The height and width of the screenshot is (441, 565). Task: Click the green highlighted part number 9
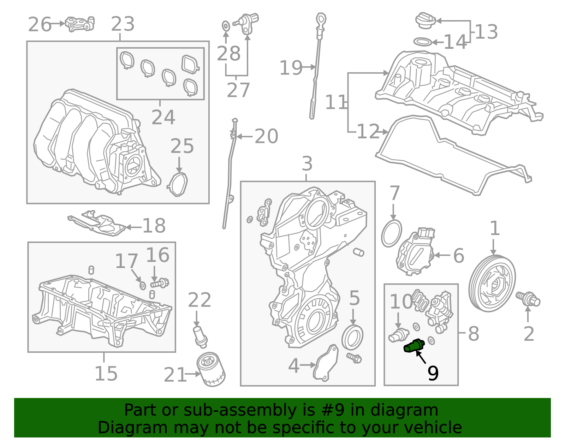tap(414, 346)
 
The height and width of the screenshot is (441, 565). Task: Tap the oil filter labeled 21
tap(211, 370)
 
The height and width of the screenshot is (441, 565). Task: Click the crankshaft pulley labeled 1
tap(492, 284)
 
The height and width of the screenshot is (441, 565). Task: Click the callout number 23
tap(123, 24)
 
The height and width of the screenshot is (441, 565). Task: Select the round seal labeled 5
tap(352, 338)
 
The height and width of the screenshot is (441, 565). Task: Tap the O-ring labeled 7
tap(392, 233)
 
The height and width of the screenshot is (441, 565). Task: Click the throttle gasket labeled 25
tap(178, 184)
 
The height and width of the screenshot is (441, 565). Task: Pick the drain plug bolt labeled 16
tap(160, 283)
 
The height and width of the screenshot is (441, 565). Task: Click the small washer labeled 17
tap(142, 286)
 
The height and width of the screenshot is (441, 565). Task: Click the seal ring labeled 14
tap(422, 42)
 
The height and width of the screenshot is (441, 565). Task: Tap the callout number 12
tap(368, 132)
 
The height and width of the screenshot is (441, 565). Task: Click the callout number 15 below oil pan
tap(106, 374)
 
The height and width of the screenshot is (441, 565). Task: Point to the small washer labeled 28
tap(226, 25)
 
